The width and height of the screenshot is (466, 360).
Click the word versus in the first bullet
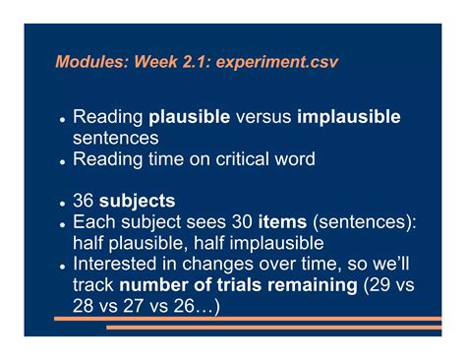click(264, 117)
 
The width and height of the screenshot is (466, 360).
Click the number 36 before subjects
click(86, 202)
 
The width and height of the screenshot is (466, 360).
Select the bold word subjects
click(138, 202)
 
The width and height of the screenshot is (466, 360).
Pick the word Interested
click(117, 266)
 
